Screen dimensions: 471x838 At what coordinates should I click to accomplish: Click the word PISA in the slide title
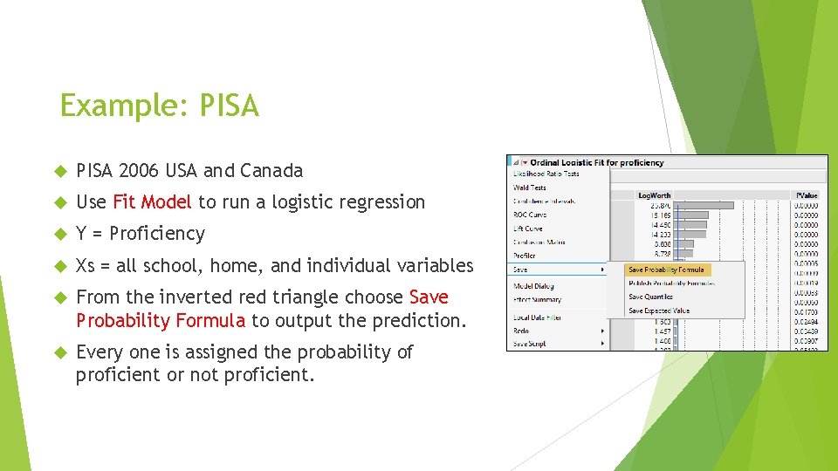(230, 106)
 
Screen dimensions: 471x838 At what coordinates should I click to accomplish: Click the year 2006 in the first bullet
(136, 170)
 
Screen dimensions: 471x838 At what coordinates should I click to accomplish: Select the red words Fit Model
(152, 201)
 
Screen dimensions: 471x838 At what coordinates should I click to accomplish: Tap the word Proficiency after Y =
(157, 233)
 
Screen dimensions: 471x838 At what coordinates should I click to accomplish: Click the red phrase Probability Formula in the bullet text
(161, 320)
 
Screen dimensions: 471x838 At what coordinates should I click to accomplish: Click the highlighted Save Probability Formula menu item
(665, 270)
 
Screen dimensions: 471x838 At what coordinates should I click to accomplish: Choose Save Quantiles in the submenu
(650, 297)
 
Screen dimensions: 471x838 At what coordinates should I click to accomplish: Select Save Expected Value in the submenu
(658, 311)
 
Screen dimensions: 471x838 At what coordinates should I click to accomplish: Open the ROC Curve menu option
(530, 215)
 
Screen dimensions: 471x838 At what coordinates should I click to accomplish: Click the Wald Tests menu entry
(530, 188)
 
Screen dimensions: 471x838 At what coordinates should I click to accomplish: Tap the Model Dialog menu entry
(533, 286)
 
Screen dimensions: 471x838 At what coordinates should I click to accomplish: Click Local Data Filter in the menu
(538, 317)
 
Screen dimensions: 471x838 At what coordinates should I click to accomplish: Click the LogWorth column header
(655, 195)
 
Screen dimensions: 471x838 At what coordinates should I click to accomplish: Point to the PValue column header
(807, 195)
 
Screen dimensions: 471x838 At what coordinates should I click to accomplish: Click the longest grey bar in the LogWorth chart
(705, 205)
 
